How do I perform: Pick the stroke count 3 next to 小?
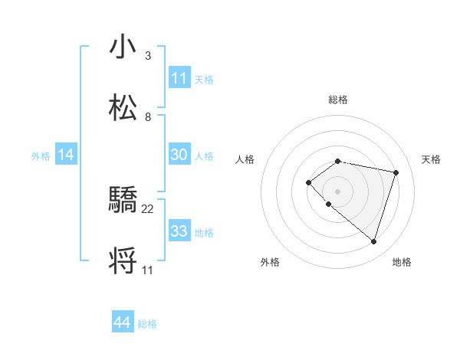148,56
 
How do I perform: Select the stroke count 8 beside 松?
148,117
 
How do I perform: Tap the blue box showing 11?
179,78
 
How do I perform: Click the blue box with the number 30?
179,155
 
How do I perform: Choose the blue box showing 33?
179,231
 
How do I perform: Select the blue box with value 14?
66,155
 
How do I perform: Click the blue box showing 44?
123,323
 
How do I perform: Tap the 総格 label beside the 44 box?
147,324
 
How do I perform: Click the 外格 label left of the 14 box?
41,155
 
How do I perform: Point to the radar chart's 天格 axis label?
431,159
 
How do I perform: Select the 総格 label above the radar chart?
338,100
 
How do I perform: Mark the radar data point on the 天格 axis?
396,172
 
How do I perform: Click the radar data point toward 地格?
373,241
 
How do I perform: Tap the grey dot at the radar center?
337,191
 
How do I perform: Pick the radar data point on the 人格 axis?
308,182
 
